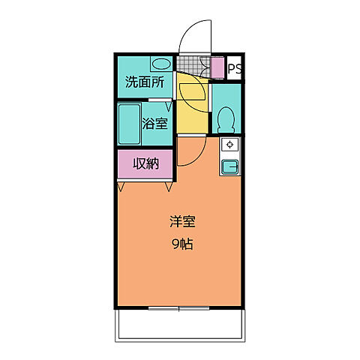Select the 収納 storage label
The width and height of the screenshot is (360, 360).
(146, 164)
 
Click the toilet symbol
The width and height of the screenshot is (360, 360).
(225, 119)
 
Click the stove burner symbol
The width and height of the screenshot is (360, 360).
(229, 144)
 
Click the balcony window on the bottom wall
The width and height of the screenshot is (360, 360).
(179, 307)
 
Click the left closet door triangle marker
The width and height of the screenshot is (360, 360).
(122, 185)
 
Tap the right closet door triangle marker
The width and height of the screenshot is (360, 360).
(168, 185)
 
